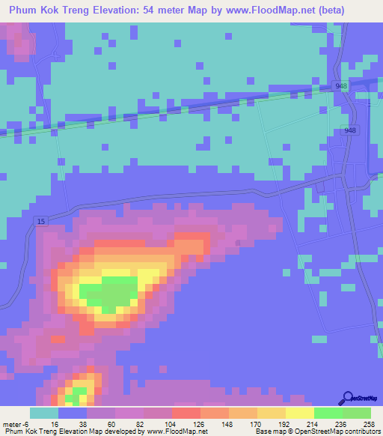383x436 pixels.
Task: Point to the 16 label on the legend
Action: (x=55, y=423)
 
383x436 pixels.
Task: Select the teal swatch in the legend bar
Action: (x=43, y=413)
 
